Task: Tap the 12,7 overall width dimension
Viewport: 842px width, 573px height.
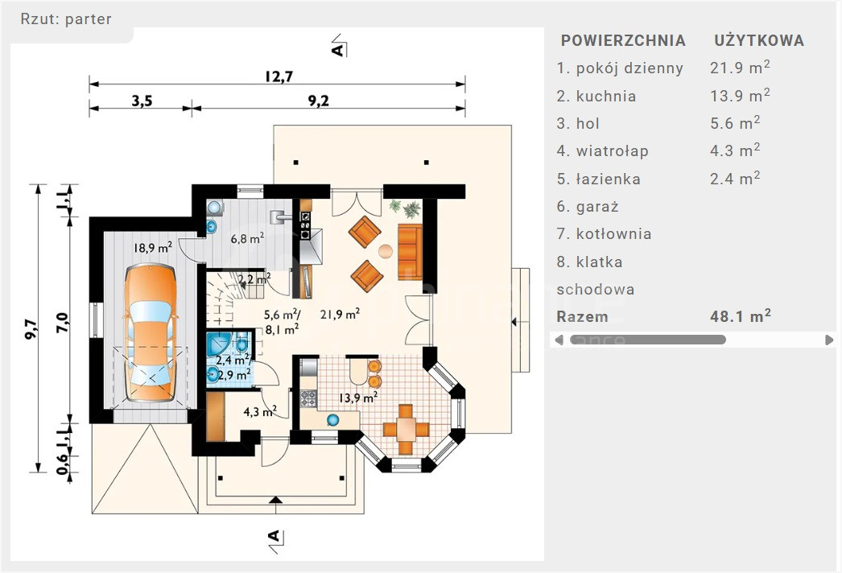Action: click(x=278, y=77)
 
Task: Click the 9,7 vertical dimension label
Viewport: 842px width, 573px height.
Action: click(x=31, y=329)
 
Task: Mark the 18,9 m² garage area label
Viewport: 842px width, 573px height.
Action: click(x=153, y=249)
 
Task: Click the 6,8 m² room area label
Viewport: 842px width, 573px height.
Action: click(x=247, y=238)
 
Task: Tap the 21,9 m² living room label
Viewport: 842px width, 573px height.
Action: click(x=340, y=314)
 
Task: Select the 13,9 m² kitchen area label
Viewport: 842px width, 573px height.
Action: click(x=358, y=398)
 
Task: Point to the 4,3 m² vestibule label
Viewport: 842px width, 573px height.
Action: click(x=261, y=412)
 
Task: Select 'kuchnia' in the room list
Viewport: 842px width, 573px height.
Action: click(x=605, y=97)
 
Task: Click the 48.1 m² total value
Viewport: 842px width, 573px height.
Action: click(x=740, y=316)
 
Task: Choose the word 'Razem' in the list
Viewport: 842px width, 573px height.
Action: click(x=582, y=316)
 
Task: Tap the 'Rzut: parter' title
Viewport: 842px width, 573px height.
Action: click(x=66, y=19)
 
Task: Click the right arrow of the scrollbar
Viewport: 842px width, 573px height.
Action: click(x=829, y=340)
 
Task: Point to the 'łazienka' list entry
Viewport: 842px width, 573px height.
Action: click(x=608, y=179)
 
